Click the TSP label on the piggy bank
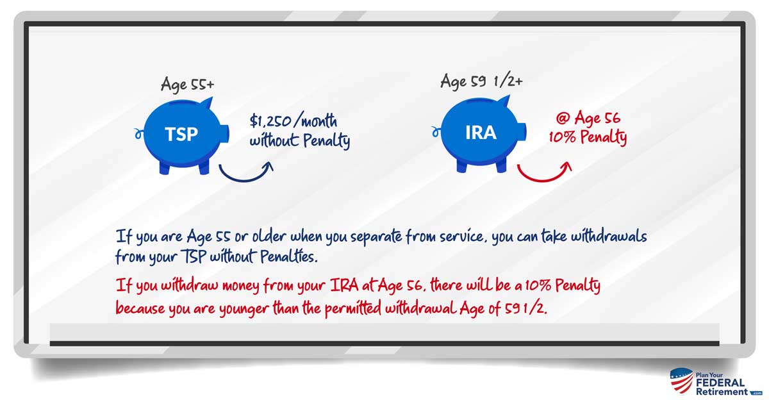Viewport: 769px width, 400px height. tap(181, 134)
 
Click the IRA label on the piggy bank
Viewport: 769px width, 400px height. tap(481, 133)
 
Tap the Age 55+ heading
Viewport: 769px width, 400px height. tap(187, 85)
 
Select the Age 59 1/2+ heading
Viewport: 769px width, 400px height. tap(481, 81)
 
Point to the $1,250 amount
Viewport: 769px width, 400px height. tap(270, 121)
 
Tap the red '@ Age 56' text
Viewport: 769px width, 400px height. tap(588, 119)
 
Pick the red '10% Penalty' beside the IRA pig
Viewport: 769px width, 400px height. tap(588, 137)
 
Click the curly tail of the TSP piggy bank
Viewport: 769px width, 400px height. tap(138, 133)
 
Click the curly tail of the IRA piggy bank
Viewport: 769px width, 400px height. tap(436, 131)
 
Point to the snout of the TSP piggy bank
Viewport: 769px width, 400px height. tap(224, 133)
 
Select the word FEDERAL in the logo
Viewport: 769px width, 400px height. tap(720, 383)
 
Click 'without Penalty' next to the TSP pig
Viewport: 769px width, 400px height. tap(300, 141)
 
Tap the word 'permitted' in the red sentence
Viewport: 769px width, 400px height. tap(352, 308)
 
